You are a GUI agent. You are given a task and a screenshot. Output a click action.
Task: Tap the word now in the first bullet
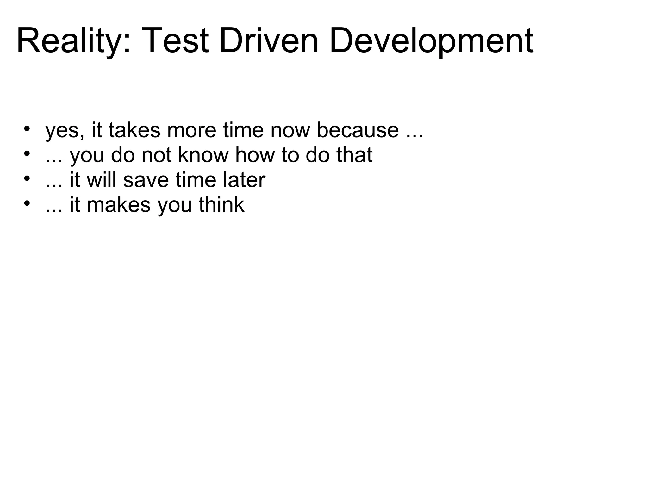[x=290, y=130]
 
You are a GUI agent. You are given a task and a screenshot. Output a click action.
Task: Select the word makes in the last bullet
[x=119, y=205]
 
